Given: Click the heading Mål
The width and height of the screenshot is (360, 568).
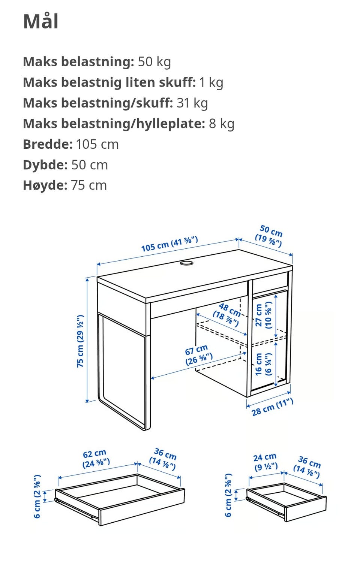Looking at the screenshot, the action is point(41,22).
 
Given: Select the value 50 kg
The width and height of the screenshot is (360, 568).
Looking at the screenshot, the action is point(154,62).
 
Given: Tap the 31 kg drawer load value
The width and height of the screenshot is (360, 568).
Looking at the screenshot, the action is point(192,103).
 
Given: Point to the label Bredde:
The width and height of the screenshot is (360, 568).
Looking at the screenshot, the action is point(48,144).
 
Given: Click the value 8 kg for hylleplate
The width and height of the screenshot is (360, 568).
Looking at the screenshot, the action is point(222,124).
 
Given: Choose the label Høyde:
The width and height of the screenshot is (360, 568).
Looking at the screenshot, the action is point(45,185).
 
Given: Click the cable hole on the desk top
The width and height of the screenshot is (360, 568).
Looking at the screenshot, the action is point(187,263).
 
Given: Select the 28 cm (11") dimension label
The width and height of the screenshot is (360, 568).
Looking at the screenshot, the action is point(272,407).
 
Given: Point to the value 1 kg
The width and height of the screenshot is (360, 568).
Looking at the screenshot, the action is point(211,83).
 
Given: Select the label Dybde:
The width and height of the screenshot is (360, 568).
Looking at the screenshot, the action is point(45,165).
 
